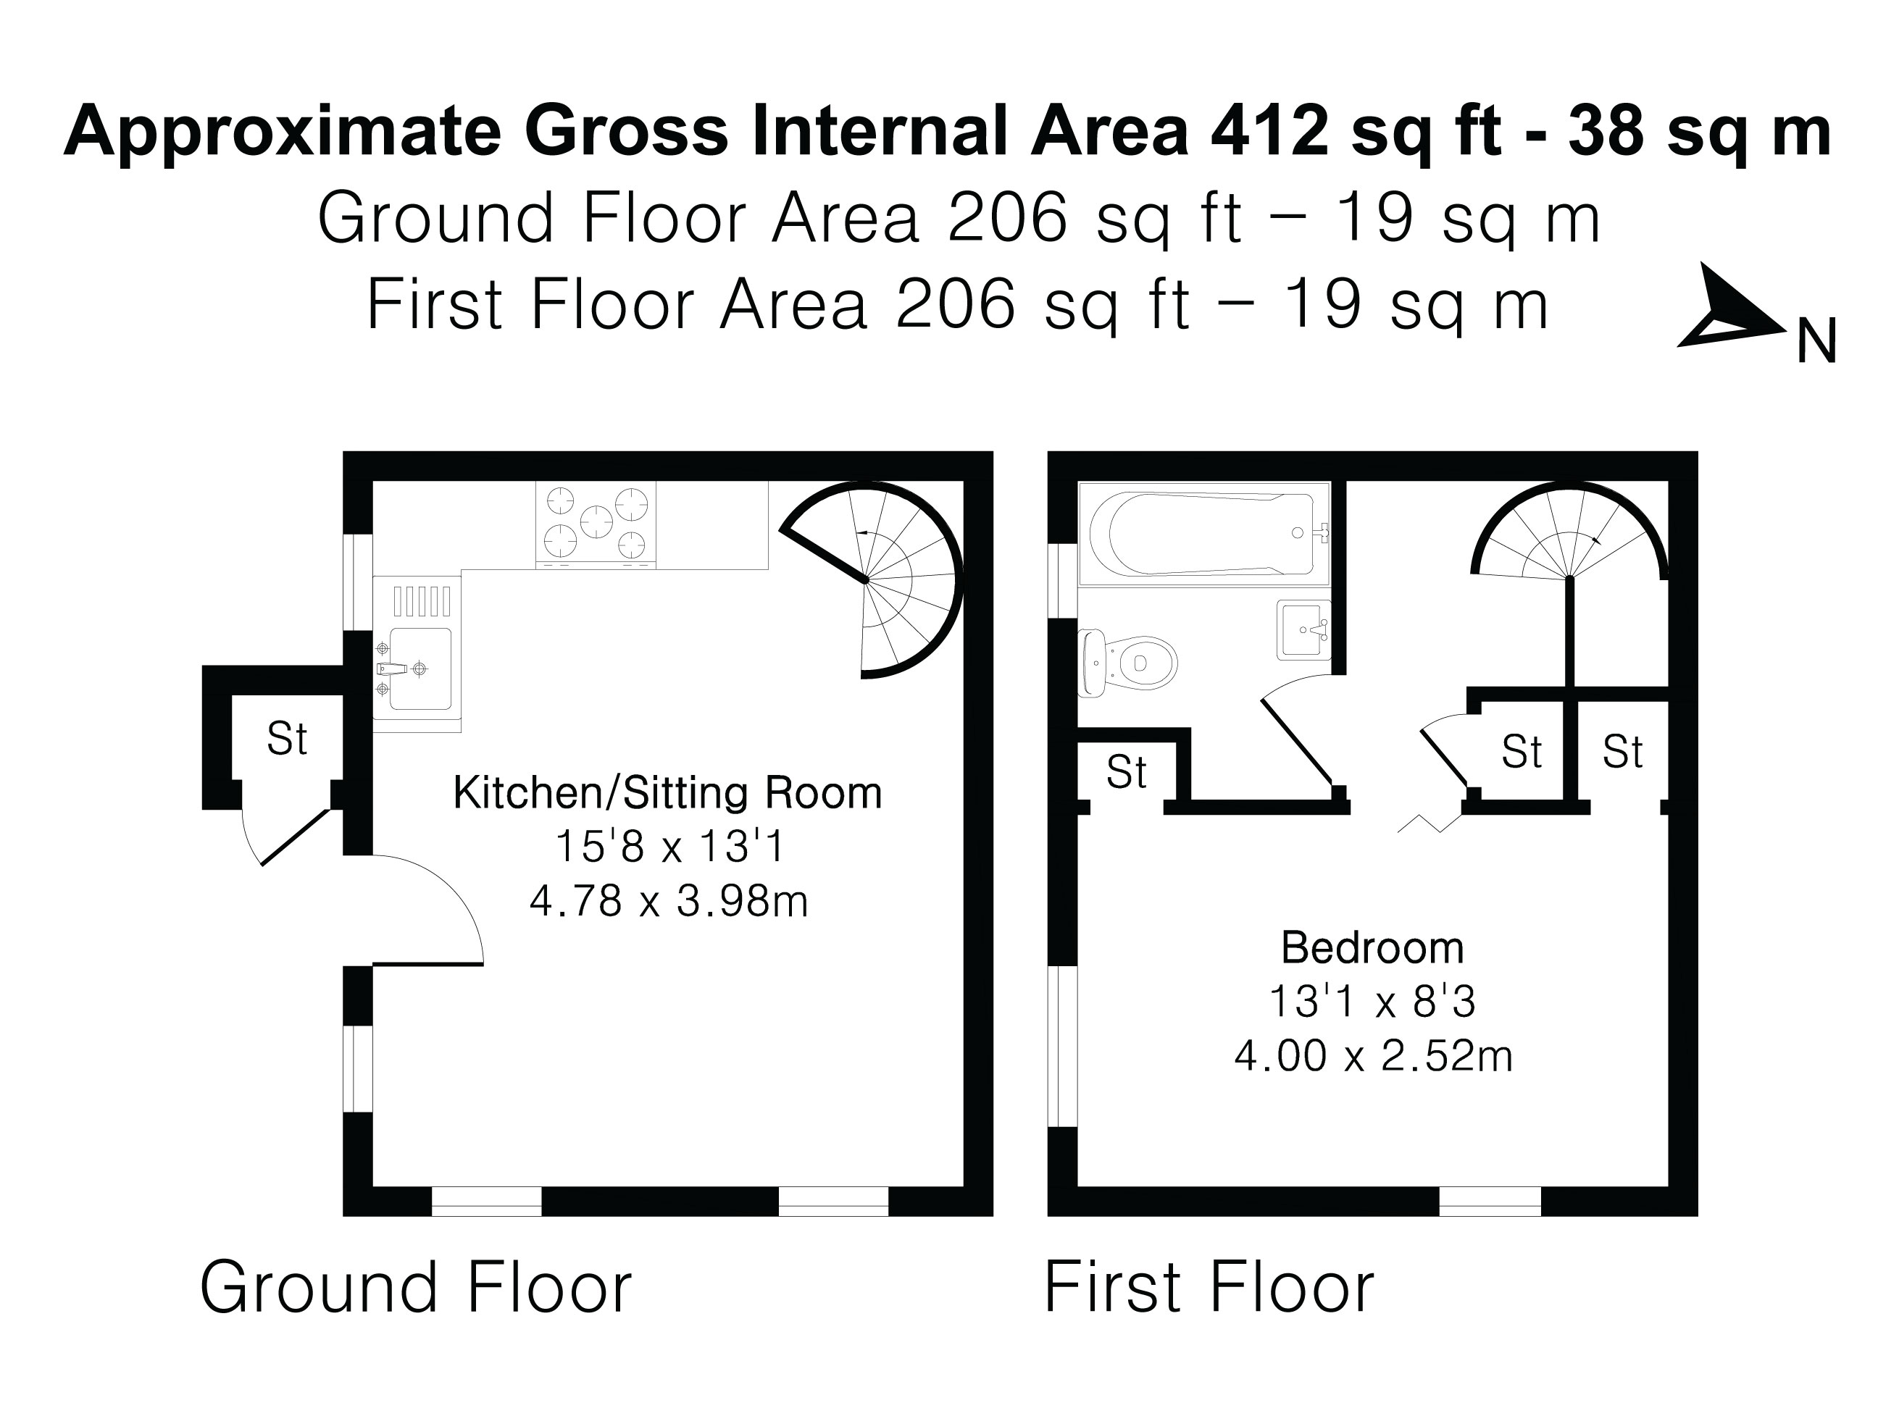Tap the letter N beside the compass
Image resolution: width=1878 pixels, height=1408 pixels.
[x=1818, y=342]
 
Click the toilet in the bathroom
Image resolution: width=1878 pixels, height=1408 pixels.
[x=1129, y=663]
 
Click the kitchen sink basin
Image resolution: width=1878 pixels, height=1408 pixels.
[x=419, y=669]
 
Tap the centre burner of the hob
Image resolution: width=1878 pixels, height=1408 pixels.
[x=596, y=522]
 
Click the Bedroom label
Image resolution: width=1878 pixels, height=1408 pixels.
[x=1372, y=948]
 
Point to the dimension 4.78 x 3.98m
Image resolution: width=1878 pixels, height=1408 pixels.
[x=668, y=900]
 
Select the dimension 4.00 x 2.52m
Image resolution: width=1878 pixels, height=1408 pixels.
[x=1373, y=1057]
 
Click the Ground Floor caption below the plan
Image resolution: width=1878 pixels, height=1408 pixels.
[x=415, y=1288]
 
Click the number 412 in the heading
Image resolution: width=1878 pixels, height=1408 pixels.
[x=1269, y=132]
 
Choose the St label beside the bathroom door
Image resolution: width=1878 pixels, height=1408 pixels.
[x=1126, y=771]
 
